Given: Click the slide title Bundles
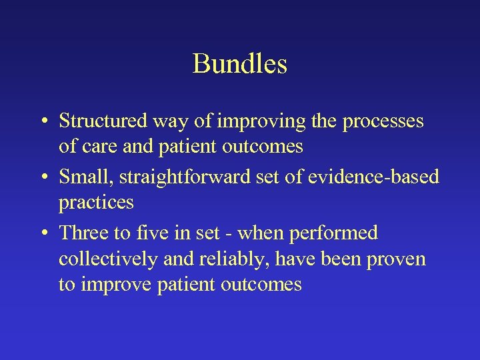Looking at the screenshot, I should [240, 64].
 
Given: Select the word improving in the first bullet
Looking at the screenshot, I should [243, 122].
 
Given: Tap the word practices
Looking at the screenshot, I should [96, 202].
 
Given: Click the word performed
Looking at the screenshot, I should [339, 233].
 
